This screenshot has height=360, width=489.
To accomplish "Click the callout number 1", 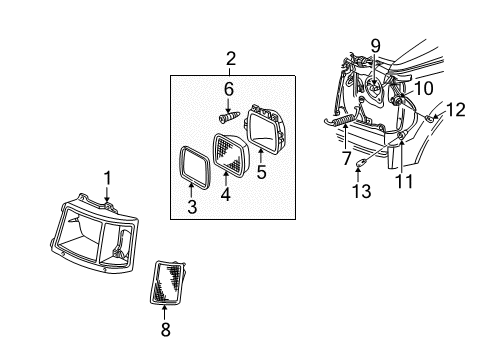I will [106, 179].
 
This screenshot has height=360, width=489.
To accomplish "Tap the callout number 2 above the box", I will [230, 60].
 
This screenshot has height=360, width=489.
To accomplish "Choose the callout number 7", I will [346, 158].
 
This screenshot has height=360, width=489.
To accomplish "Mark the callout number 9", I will [375, 44].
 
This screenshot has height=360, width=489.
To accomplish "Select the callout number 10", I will [424, 90].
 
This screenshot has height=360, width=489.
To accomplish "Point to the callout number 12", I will [455, 108].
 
